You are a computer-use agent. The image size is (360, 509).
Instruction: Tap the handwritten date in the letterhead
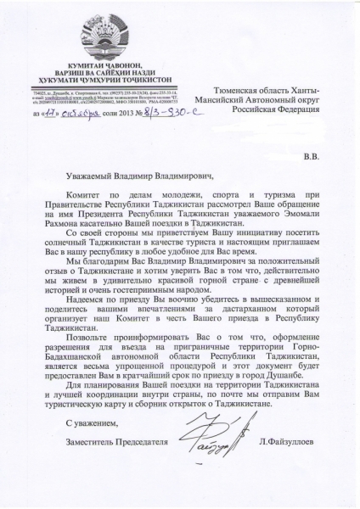[x=73, y=110]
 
